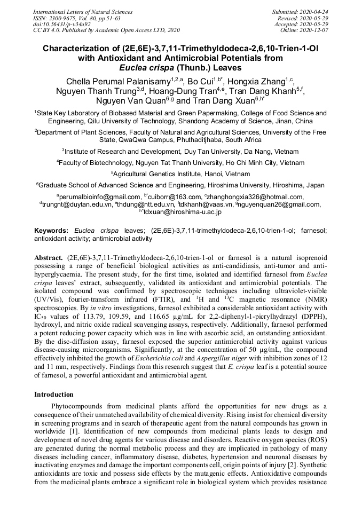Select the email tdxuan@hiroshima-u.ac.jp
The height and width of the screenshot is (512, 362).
point(182,211)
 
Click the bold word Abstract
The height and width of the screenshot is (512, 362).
point(49,257)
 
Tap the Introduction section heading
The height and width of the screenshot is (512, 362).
point(54,395)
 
